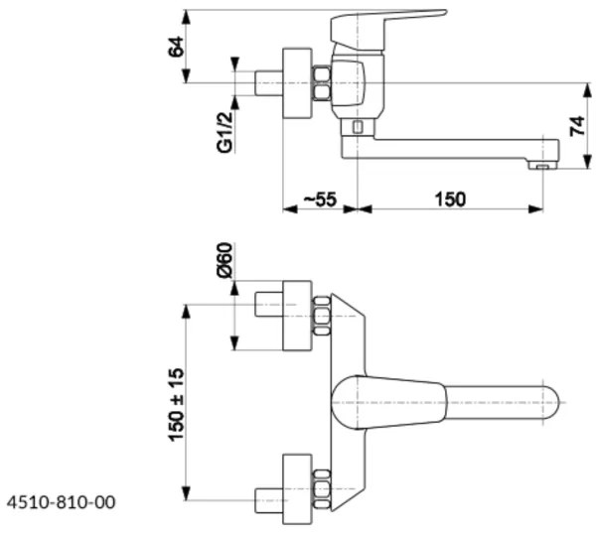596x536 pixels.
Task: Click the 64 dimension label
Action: [177, 47]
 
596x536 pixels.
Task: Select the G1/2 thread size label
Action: [226, 130]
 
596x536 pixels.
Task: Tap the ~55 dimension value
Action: [319, 199]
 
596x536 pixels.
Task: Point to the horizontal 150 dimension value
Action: [449, 199]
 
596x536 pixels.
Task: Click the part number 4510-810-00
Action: [61, 503]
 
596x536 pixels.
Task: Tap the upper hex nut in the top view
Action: [321, 316]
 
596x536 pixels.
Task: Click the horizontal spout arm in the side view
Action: [447, 148]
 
